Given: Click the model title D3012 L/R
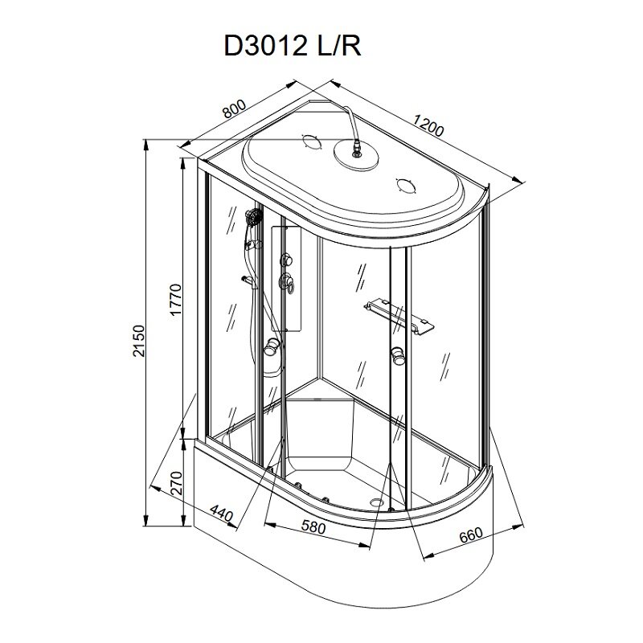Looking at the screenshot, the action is pos(292,45).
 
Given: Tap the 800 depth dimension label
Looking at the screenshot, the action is pos(234,109).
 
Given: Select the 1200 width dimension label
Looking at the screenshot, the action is pos(428,125).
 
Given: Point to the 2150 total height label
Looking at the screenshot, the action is pos(139,341).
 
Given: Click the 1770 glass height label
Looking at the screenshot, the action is pos(175,300).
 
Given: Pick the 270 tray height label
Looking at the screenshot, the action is pos(175,483).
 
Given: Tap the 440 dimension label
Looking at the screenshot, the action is pos(222,513).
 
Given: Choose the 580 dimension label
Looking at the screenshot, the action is pos(313,527).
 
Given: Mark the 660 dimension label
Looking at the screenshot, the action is pos(470,534).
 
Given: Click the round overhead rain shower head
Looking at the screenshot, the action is pos(356,155).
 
